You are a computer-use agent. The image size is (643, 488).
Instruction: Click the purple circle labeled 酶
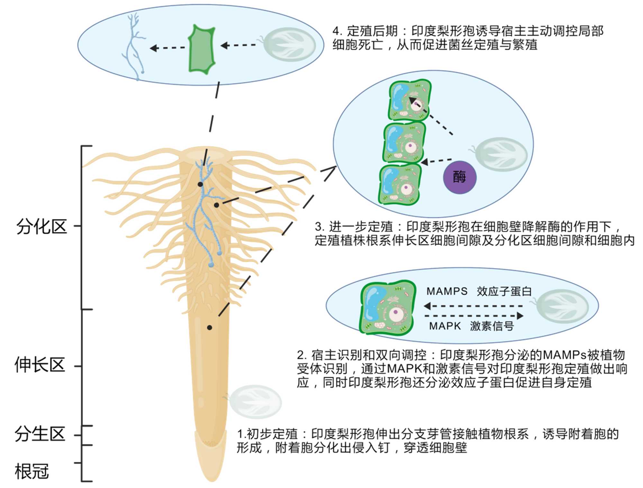[x=459, y=177]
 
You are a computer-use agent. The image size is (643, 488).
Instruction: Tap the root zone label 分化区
[x=41, y=227]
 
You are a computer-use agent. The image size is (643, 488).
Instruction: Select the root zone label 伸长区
[x=40, y=365]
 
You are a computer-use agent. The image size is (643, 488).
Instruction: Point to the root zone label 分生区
[x=40, y=434]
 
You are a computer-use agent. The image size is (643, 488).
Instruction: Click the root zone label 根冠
[x=32, y=472]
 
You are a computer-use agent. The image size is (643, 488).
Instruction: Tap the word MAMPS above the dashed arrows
[x=447, y=291]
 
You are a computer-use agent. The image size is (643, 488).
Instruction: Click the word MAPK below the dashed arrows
[x=445, y=326]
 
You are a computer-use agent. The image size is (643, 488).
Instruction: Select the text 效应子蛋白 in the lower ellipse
[x=504, y=291]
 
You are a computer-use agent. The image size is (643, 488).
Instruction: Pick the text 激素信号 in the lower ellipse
[x=492, y=326]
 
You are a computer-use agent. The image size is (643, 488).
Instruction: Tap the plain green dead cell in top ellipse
[x=202, y=49]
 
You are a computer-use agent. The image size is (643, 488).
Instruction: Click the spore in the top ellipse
[x=289, y=44]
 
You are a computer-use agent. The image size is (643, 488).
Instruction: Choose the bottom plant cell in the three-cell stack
[x=400, y=185]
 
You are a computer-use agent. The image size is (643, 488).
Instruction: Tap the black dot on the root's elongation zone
[x=210, y=327]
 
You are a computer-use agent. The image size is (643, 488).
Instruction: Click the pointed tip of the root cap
[x=212, y=480]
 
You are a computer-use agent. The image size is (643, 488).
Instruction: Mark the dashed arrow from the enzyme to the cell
[x=437, y=161]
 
